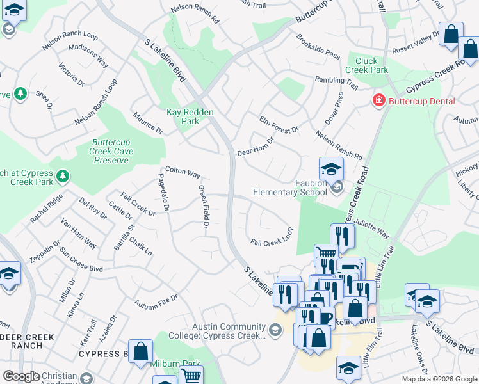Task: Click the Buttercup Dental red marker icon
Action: coord(378,101)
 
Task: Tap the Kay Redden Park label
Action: coord(190,116)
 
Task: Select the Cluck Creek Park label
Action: coord(367,65)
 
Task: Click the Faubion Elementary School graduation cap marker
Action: coord(331,170)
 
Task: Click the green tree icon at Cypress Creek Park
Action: coord(62,175)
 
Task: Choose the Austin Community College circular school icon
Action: coord(275,330)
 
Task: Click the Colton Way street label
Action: coord(183,173)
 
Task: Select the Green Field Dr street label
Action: coord(204,207)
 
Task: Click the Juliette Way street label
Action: coord(372,228)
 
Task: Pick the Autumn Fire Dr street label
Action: coord(156,303)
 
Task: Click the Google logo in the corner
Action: coord(21,376)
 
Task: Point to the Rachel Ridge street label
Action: coord(46,209)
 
